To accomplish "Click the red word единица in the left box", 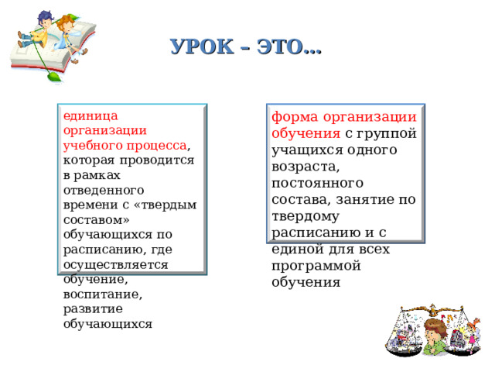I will click(x=87, y=115).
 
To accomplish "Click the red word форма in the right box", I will click(x=292, y=118).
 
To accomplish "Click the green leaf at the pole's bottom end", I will click(x=52, y=77).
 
